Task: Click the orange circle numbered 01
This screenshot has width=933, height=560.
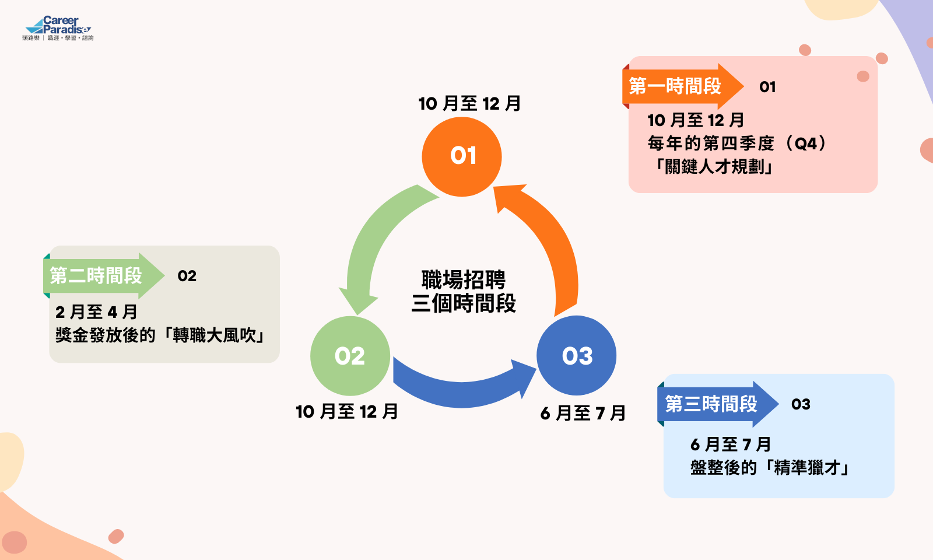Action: click(462, 156)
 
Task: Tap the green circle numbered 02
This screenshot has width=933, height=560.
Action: click(350, 356)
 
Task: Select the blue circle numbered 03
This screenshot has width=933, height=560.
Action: click(576, 356)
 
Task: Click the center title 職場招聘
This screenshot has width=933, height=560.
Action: click(464, 280)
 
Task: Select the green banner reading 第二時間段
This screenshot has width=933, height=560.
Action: click(96, 275)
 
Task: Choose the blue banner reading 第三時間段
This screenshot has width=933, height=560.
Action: click(711, 404)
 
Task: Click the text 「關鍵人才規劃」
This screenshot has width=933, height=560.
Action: click(714, 167)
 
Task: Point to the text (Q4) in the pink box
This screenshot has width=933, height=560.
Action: click(805, 143)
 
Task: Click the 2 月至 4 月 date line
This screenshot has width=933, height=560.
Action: click(96, 312)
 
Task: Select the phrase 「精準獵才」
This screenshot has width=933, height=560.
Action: click(807, 467)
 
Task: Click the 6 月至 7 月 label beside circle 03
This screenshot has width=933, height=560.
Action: click(583, 413)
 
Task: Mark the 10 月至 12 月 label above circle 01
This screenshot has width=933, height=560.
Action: click(469, 104)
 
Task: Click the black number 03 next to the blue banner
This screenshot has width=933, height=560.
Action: click(801, 404)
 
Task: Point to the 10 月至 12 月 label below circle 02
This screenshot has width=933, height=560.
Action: click(347, 412)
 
